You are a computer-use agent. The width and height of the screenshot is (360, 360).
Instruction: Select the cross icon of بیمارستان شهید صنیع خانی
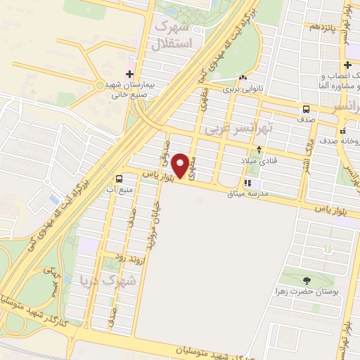coord(129,74)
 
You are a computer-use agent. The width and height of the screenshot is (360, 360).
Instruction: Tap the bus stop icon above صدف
coord(306,109)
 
